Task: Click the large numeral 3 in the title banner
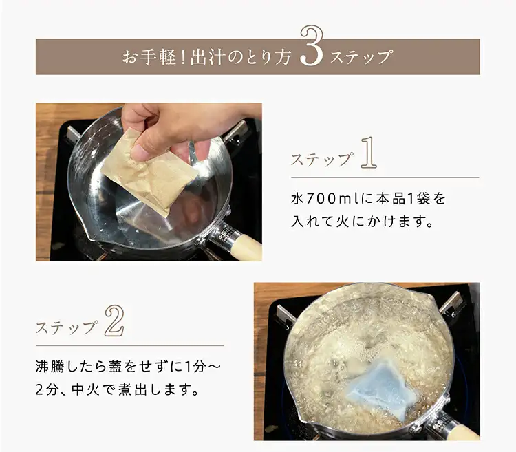pyautogui.click(x=312, y=46)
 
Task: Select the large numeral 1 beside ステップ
pyautogui.click(x=368, y=153)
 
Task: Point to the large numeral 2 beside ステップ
pyautogui.click(x=114, y=321)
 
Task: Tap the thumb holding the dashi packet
pyautogui.click(x=144, y=147)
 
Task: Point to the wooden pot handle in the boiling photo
pyautogui.click(x=460, y=431)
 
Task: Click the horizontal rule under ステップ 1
pyautogui.click(x=385, y=177)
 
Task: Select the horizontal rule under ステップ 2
pyautogui.click(x=129, y=346)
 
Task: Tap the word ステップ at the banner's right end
pyautogui.click(x=361, y=57)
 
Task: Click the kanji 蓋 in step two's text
pyautogui.click(x=115, y=367)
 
